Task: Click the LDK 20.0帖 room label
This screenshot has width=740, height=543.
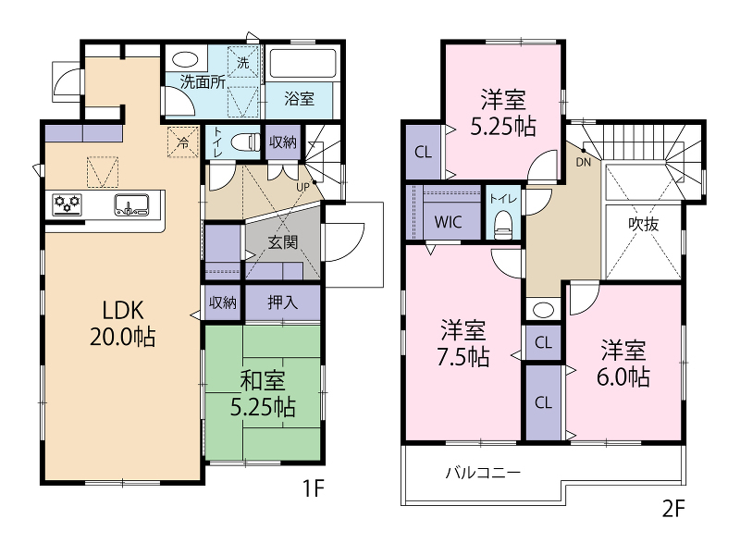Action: pyautogui.click(x=123, y=324)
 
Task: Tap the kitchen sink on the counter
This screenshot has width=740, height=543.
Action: pyautogui.click(x=131, y=205)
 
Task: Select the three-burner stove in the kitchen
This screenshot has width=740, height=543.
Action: pyautogui.click(x=67, y=205)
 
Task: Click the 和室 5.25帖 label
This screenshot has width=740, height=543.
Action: pyautogui.click(x=263, y=394)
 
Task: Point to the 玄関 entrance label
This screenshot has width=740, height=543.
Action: pyautogui.click(x=283, y=242)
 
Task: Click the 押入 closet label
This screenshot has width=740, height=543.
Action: pyautogui.click(x=283, y=302)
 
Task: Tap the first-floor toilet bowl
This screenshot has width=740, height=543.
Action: pyautogui.click(x=245, y=142)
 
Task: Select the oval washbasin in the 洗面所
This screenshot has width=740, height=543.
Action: pyautogui.click(x=185, y=60)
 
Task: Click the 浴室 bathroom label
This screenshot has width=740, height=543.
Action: pyautogui.click(x=299, y=99)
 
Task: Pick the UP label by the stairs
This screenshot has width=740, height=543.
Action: pyautogui.click(x=303, y=187)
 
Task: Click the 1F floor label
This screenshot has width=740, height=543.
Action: pyautogui.click(x=314, y=488)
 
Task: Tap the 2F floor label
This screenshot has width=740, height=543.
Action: pyautogui.click(x=673, y=508)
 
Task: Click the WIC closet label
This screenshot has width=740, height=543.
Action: pyautogui.click(x=449, y=222)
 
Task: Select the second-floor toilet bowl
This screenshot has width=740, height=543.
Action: pyautogui.click(x=503, y=225)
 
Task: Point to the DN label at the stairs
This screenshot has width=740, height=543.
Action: pyautogui.click(x=584, y=162)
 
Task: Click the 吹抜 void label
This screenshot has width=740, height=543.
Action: pyautogui.click(x=643, y=224)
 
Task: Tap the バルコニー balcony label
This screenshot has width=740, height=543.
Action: pyautogui.click(x=483, y=473)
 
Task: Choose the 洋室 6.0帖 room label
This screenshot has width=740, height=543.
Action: pyautogui.click(x=623, y=364)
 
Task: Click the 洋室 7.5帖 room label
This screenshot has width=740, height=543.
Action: pyautogui.click(x=463, y=343)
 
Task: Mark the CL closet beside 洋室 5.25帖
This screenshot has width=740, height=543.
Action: pyautogui.click(x=423, y=152)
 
